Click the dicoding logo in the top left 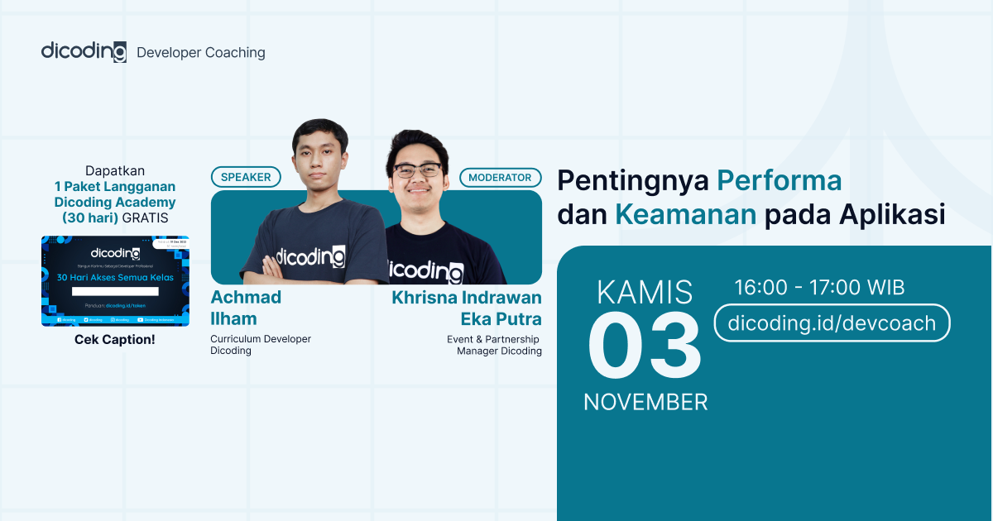click(x=84, y=51)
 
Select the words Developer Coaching click(x=201, y=53)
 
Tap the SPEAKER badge click(x=246, y=177)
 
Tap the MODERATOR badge click(x=501, y=177)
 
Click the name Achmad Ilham click(x=245, y=308)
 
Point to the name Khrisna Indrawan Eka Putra click(x=467, y=308)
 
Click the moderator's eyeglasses click(x=417, y=170)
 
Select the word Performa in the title click(x=779, y=179)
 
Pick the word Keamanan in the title click(x=685, y=214)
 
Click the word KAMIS click(x=645, y=292)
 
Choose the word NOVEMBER click(x=645, y=402)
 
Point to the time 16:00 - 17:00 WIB click(x=819, y=288)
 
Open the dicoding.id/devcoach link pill click(x=832, y=323)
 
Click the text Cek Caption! click(x=115, y=340)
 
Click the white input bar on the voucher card click(x=115, y=291)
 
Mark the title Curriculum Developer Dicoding click(x=261, y=344)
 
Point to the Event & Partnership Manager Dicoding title click(x=495, y=345)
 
